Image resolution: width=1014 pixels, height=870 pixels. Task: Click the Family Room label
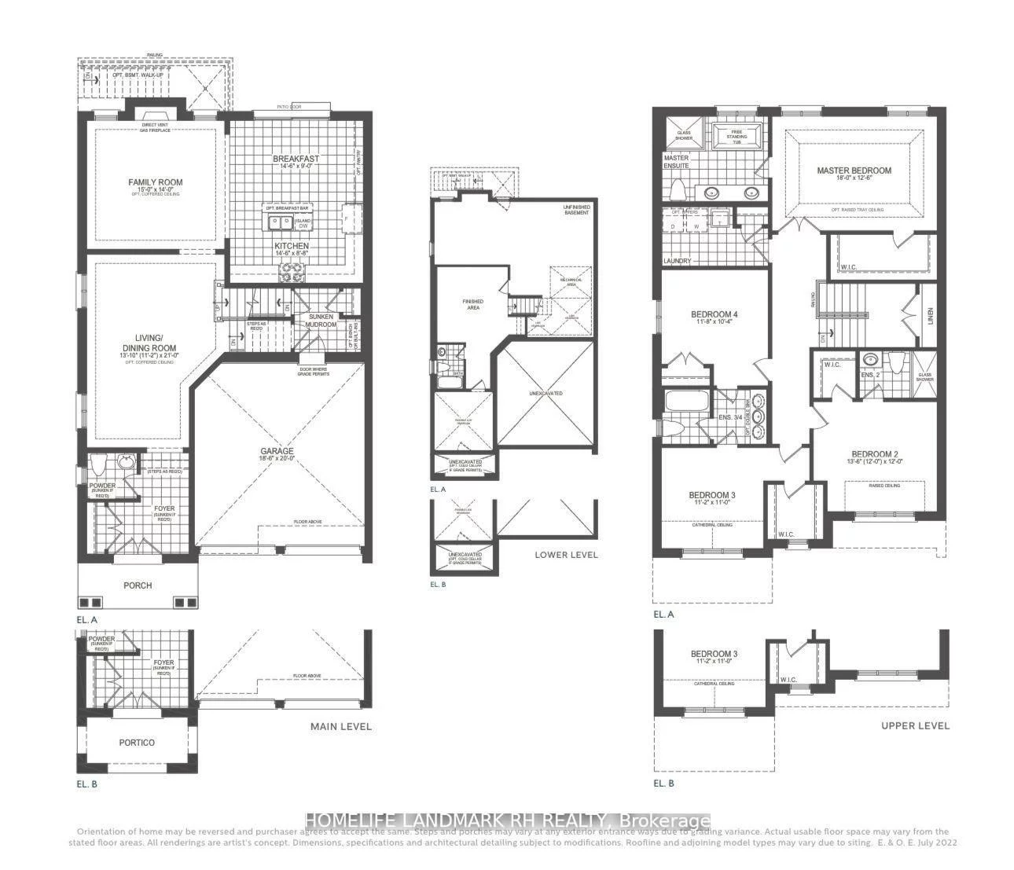[x=155, y=182]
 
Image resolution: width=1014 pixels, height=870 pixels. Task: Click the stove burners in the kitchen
[x=292, y=272]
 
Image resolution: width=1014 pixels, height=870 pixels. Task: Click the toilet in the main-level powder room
[x=99, y=466]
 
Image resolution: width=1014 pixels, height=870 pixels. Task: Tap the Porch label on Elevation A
[x=138, y=586]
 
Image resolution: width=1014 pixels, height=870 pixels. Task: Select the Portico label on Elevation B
[x=137, y=743]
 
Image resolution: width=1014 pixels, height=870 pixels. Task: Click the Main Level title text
[x=340, y=727]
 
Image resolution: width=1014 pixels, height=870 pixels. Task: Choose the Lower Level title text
[x=566, y=555]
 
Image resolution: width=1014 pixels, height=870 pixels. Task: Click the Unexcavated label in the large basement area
[x=546, y=393]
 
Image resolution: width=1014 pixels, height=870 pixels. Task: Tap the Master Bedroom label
[x=854, y=171]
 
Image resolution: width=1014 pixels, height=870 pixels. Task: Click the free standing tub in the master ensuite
[x=736, y=137]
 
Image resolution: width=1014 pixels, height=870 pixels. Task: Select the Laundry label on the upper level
[x=677, y=261]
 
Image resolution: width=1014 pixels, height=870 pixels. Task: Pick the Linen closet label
[x=930, y=316]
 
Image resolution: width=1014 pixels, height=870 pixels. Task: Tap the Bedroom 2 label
[x=874, y=454]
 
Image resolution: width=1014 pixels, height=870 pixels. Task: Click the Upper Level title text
[x=915, y=726]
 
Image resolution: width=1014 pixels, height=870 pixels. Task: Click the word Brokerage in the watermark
[x=665, y=820]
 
